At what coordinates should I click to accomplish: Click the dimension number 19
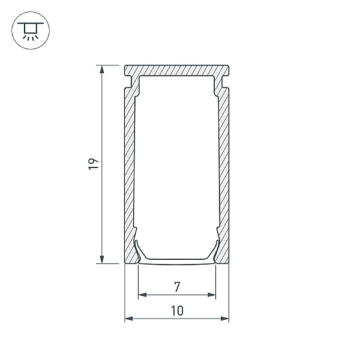click(94, 164)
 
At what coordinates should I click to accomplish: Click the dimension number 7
click(177, 287)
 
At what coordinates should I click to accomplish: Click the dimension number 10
click(177, 311)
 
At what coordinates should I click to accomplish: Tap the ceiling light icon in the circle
click(31, 31)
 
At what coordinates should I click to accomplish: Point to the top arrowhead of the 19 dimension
click(102, 69)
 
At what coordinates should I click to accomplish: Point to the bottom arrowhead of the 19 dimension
click(102, 259)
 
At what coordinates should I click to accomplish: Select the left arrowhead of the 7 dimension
click(143, 295)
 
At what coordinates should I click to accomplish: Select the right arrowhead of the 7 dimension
click(212, 295)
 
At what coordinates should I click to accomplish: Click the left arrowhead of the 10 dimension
click(129, 319)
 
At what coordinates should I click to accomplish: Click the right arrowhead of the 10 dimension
click(225, 319)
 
